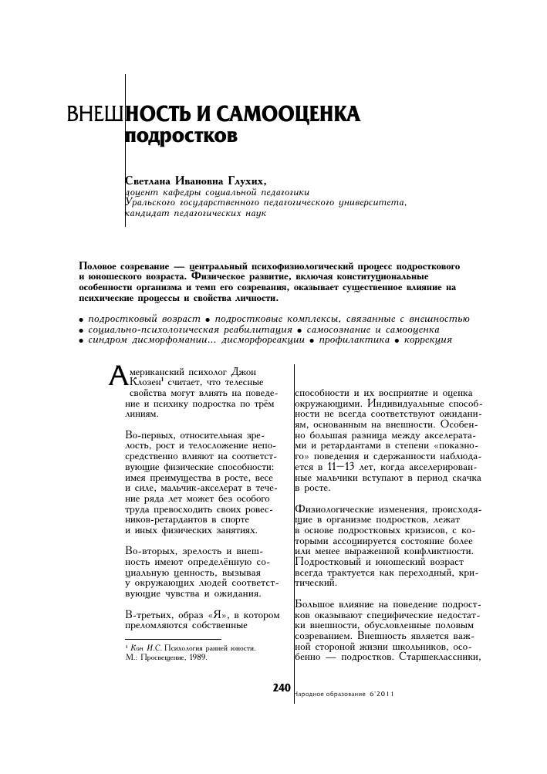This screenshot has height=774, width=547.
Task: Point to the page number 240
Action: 280,688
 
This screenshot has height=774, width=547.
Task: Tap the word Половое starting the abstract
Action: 100,266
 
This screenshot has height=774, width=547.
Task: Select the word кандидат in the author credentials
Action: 147,214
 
